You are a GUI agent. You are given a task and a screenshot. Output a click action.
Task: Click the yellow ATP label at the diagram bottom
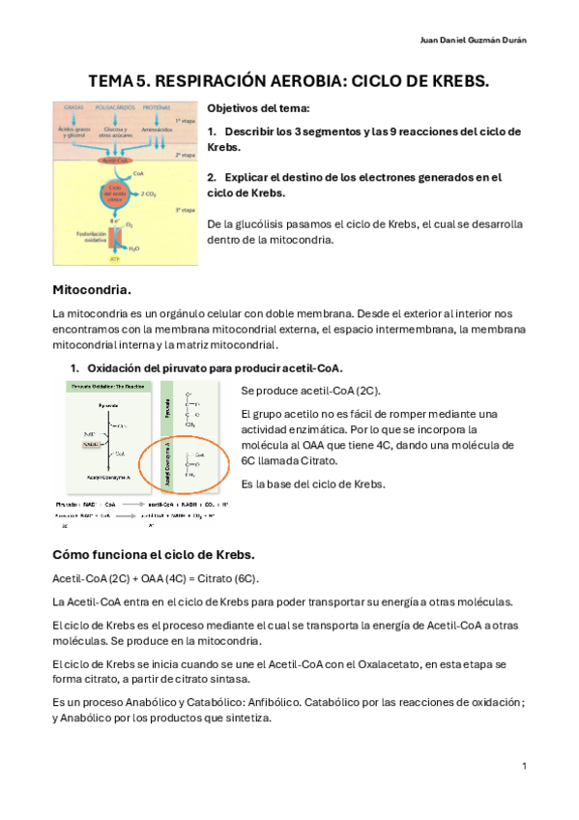(x=113, y=260)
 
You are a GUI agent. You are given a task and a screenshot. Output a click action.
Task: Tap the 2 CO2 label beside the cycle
(x=150, y=193)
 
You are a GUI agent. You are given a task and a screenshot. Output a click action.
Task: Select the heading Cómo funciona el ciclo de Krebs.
(x=153, y=554)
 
